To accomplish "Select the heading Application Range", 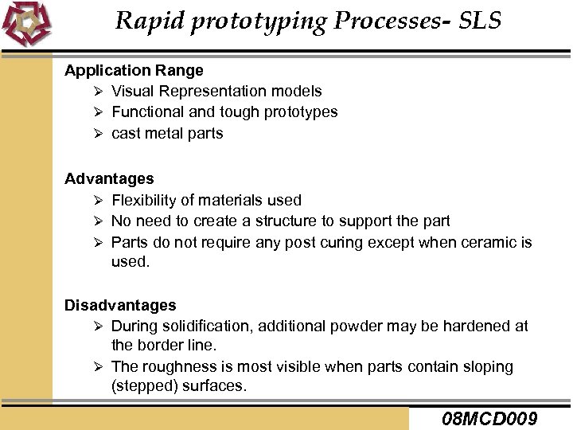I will pyautogui.click(x=134, y=70).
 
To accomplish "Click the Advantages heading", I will pyautogui.click(x=109, y=179).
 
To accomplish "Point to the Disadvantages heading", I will pyautogui.click(x=120, y=305).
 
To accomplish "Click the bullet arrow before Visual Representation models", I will pyautogui.click(x=98, y=92).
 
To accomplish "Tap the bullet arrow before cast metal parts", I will pyautogui.click(x=98, y=134).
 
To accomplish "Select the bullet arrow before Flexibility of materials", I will pyautogui.click(x=98, y=200).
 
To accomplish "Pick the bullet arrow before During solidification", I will pyautogui.click(x=98, y=326).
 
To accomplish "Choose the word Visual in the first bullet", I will pyautogui.click(x=131, y=92).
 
